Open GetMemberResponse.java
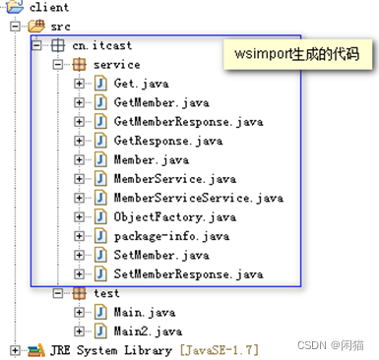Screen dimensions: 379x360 (x=188, y=121)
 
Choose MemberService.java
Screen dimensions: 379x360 (x=175, y=179)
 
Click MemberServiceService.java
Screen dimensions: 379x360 (x=198, y=198)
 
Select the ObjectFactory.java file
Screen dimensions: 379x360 (x=175, y=216)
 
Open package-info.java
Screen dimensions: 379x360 (x=171, y=236)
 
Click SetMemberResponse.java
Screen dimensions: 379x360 (x=188, y=273)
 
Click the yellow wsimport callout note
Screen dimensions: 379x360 (x=292, y=54)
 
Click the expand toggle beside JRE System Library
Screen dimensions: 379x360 (x=15, y=350)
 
